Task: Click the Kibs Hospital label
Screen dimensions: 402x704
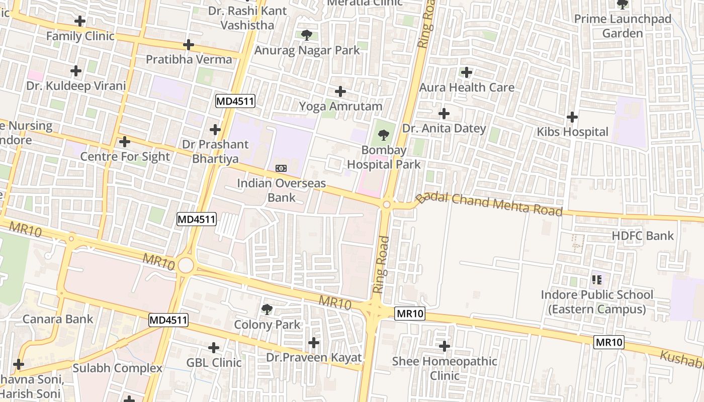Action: pos(572,132)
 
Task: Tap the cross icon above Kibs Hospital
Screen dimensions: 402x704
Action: pos(572,118)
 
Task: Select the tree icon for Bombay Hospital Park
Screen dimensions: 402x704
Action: pos(383,135)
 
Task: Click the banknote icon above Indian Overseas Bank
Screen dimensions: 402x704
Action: pos(281,168)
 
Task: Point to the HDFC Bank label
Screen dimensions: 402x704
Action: pos(643,236)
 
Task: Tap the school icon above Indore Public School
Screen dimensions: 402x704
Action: pos(597,279)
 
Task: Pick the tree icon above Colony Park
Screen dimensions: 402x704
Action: pos(267,310)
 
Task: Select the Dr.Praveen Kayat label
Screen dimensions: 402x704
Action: pos(314,358)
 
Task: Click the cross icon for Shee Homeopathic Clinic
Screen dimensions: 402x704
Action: pos(445,346)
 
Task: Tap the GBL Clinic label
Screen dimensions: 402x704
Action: pos(214,362)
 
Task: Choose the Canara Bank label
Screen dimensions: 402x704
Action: pos(58,319)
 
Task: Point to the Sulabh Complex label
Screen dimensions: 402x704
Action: pos(118,368)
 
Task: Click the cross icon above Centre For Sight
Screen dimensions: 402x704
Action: pos(125,142)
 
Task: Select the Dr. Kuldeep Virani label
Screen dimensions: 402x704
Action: pos(76,86)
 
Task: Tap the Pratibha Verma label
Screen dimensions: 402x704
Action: pos(189,59)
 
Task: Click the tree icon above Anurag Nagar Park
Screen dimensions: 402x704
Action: pos(306,35)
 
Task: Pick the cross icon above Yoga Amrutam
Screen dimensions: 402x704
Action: pos(340,91)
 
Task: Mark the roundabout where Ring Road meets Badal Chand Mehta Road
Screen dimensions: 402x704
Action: pos(387,205)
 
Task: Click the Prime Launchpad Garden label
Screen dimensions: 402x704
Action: pos(623,26)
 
